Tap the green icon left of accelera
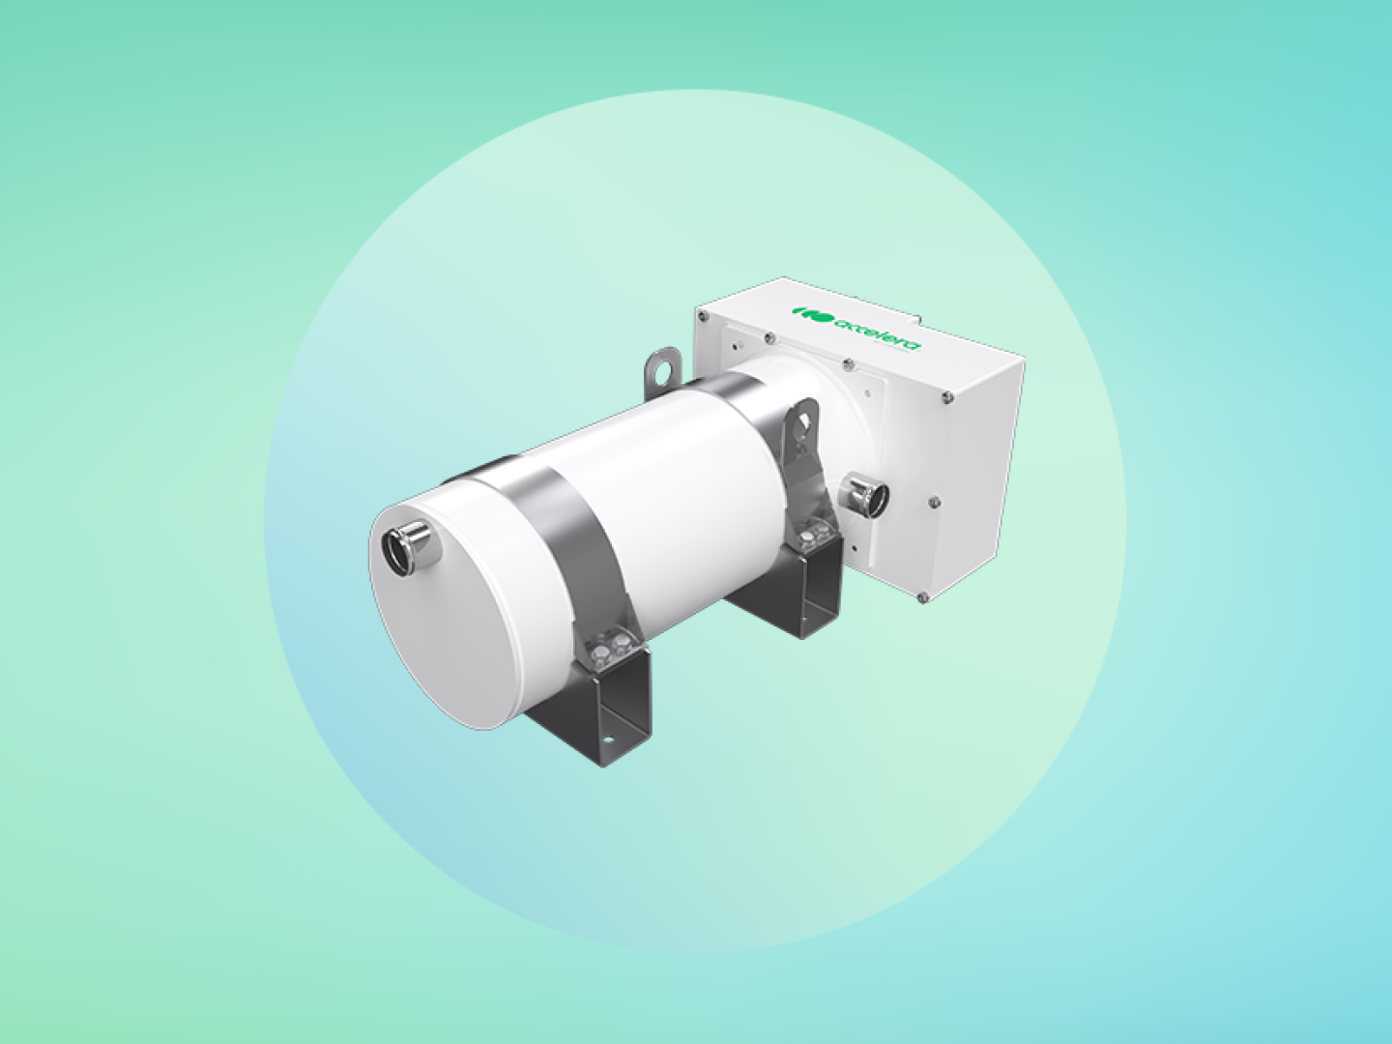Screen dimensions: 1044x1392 tap(810, 313)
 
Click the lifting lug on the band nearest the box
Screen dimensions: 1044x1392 tap(801, 426)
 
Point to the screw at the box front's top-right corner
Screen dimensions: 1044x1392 tap(946, 395)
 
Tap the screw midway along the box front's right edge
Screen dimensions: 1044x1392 tap(934, 501)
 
